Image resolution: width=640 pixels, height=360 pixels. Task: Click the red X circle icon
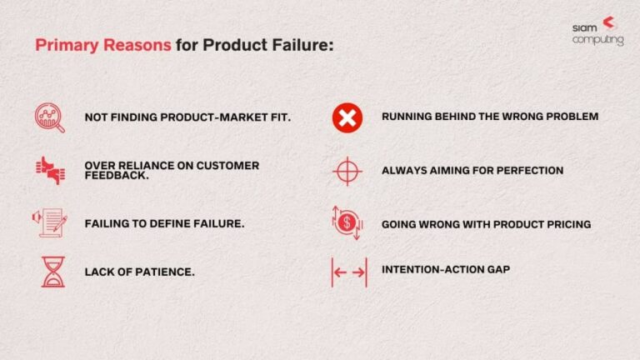pyautogui.click(x=347, y=117)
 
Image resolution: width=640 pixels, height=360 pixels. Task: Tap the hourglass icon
pyautogui.click(x=52, y=272)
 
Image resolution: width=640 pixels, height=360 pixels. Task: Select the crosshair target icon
pyautogui.click(x=347, y=171)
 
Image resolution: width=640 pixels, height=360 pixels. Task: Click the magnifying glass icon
pyautogui.click(x=50, y=117)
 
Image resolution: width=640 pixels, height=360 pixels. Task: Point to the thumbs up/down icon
pyautogui.click(x=50, y=170)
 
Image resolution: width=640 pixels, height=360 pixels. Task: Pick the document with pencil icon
pyautogui.click(x=51, y=222)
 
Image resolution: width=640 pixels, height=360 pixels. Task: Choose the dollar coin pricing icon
pyautogui.click(x=347, y=223)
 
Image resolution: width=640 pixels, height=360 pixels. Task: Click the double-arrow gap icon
pyautogui.click(x=348, y=272)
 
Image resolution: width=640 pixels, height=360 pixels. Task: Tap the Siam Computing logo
pyautogui.click(x=597, y=31)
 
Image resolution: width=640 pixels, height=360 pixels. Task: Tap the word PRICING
pyautogui.click(x=566, y=224)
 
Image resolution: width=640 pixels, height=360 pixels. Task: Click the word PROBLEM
pyautogui.click(x=571, y=117)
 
